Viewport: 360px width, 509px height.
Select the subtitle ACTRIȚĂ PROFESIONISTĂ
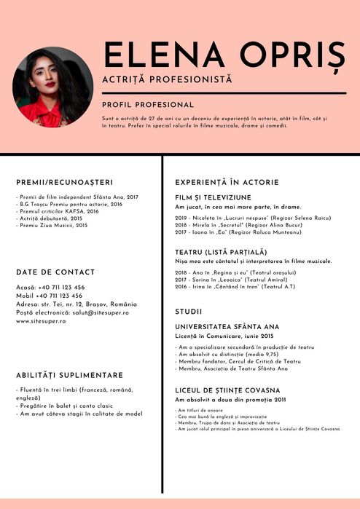click(x=167, y=78)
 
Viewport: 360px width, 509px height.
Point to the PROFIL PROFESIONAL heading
click(x=148, y=105)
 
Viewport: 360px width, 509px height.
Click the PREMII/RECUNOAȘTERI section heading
click(x=64, y=182)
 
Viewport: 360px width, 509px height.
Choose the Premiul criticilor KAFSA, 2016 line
click(x=58, y=211)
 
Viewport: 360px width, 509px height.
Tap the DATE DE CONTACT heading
click(x=55, y=272)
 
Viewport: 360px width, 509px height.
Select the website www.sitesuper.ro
click(x=41, y=320)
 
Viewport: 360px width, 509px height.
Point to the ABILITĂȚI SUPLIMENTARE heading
click(x=69, y=375)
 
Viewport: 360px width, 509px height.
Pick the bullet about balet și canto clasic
click(x=66, y=406)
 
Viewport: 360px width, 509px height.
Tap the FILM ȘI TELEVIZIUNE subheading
click(x=213, y=197)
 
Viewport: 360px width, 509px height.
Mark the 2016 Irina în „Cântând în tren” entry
click(x=235, y=287)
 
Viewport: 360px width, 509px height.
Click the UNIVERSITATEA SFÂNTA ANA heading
click(x=227, y=327)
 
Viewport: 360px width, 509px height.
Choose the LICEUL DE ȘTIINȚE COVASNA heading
click(x=227, y=390)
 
